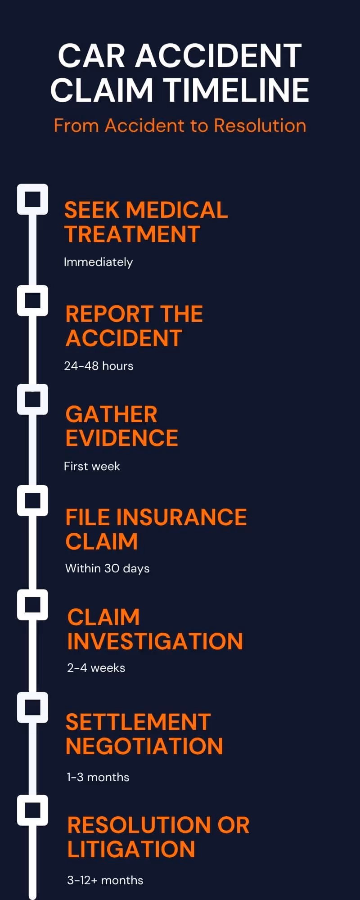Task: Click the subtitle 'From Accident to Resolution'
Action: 180,126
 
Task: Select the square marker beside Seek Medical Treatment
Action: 32,199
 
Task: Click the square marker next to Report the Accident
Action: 32,300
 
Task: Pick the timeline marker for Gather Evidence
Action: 32,399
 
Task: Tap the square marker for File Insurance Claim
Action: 32,500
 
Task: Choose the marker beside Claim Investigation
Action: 32,605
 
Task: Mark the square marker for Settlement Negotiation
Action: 32,707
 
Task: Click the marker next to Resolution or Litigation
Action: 32,810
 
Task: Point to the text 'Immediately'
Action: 98,262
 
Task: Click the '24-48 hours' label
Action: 99,366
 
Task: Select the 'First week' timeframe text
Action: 92,466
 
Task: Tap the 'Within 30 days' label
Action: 107,568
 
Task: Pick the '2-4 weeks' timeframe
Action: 96,668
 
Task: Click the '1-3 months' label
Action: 98,777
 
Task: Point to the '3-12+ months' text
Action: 105,880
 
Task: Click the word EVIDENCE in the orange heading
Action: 121,438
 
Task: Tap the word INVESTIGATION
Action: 155,642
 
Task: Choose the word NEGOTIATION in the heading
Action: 144,747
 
